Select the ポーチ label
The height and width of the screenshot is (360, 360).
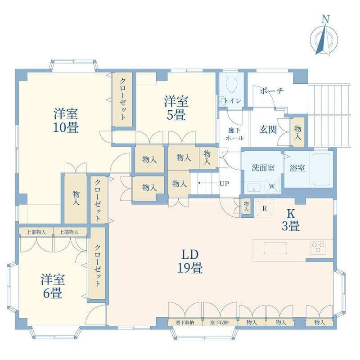tap(272, 91)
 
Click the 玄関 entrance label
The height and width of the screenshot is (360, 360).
tap(268, 130)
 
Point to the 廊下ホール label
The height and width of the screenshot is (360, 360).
tap(234, 134)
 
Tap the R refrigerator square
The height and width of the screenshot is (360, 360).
tap(265, 208)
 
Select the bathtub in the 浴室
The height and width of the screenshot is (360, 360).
tap(322, 170)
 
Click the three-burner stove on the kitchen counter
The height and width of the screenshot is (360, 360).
tap(318, 248)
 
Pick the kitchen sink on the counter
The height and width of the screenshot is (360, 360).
tap(275, 248)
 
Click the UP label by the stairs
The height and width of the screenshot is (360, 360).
tap(224, 184)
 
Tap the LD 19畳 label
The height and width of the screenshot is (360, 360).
tap(190, 261)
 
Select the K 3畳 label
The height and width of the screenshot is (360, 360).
tap(291, 220)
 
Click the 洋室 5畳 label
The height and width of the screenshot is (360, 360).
tap(176, 108)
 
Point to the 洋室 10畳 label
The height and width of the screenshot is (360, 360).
tap(66, 120)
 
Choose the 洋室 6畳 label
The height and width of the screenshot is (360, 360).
tap(53, 286)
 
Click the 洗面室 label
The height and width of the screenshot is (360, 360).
tap(263, 168)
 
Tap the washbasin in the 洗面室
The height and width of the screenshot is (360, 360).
tap(254, 187)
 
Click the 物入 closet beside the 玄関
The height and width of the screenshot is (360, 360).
tap(298, 132)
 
